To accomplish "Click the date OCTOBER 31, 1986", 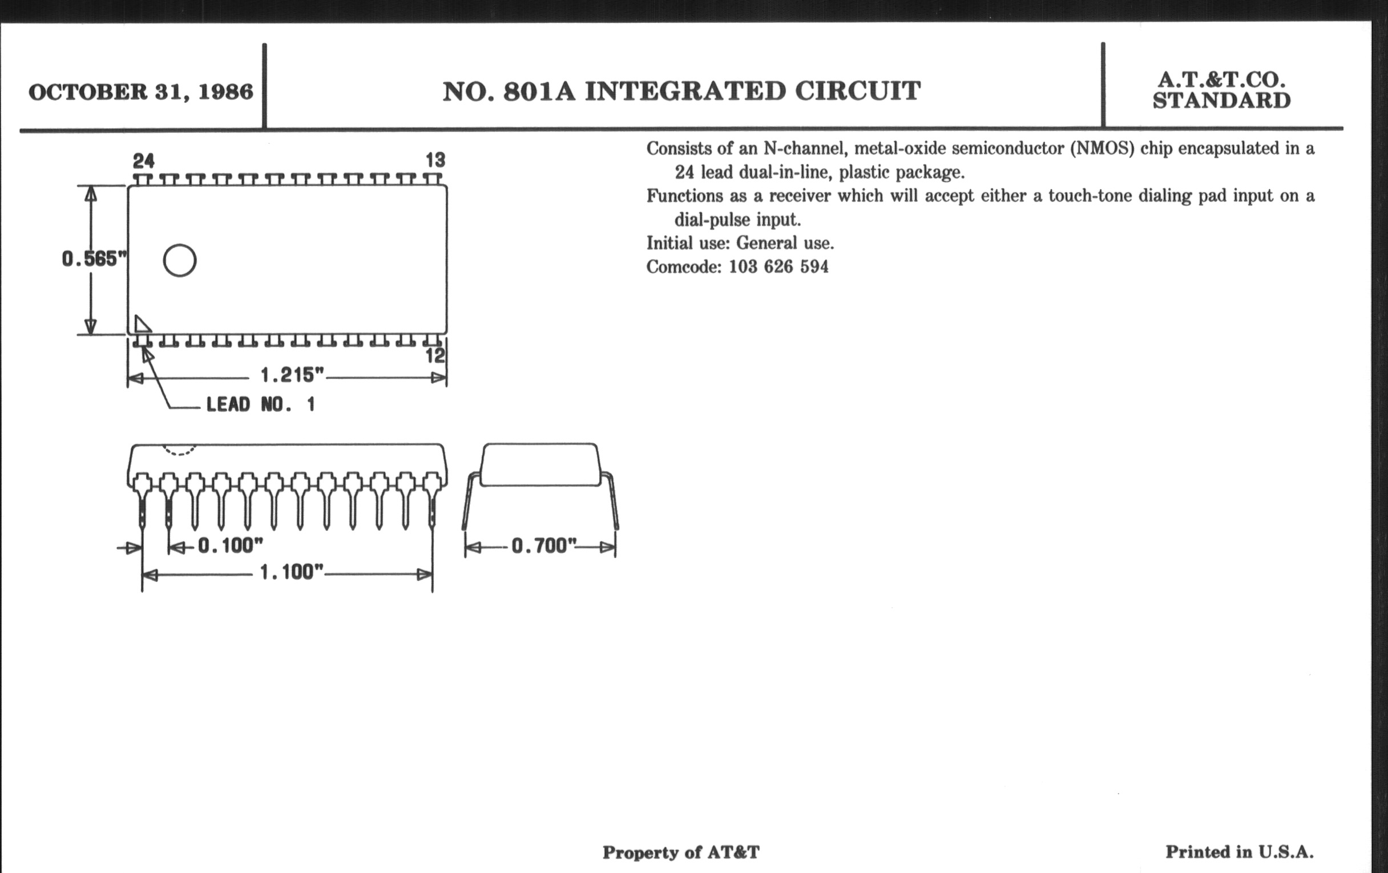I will [x=140, y=92].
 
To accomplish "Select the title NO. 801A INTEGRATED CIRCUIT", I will [x=681, y=92].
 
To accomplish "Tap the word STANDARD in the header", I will [x=1221, y=101].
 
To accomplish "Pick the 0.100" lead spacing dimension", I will [x=230, y=545].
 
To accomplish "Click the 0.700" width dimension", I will [x=543, y=545].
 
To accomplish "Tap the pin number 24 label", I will [x=143, y=160].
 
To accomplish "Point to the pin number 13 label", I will [x=435, y=160].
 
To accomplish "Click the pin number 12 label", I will [x=435, y=356].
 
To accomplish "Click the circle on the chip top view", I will [x=180, y=260].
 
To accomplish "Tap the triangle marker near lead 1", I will [x=141, y=325].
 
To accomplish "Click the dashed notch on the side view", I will [x=179, y=450].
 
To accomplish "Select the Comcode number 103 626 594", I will [x=778, y=267].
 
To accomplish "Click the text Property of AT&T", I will [x=681, y=852].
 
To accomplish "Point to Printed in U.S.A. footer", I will [x=1239, y=852].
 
